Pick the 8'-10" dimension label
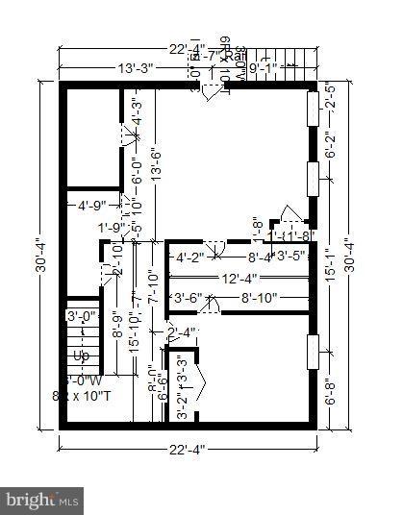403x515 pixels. (259, 298)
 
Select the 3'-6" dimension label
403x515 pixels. (187, 298)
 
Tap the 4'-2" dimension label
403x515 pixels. (189, 257)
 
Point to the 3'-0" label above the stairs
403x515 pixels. (81, 315)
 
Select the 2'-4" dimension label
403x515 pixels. (181, 333)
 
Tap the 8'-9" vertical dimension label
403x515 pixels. (116, 326)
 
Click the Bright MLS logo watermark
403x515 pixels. (42, 500)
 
